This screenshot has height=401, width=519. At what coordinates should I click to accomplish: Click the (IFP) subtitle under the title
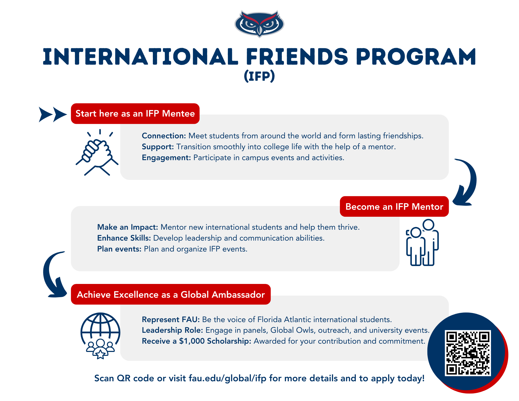tap(259, 76)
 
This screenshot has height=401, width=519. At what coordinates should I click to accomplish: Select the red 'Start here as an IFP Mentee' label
tap(135, 113)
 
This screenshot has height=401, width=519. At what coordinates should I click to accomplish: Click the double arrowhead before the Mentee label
tap(53, 114)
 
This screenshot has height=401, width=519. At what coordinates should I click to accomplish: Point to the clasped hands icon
tap(97, 152)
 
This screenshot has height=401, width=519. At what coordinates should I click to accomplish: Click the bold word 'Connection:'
tap(164, 136)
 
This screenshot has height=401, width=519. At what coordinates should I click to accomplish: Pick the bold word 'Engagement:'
tap(166, 158)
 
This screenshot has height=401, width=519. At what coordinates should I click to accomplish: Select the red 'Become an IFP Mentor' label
tap(394, 206)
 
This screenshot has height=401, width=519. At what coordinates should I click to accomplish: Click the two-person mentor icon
tap(422, 242)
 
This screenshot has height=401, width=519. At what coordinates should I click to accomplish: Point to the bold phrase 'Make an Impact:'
tap(128, 227)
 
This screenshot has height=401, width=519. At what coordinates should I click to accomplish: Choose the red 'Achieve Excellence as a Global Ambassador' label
tap(171, 294)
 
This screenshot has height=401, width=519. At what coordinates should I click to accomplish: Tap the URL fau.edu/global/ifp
tap(228, 378)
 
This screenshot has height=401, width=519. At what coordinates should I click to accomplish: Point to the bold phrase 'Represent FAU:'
tap(171, 319)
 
